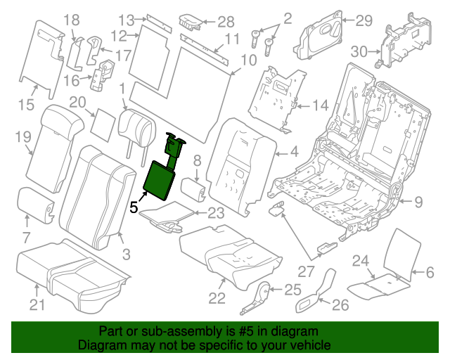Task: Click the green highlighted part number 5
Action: pyautogui.click(x=160, y=180)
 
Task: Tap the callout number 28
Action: pyautogui.click(x=226, y=21)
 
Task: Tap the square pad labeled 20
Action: pyautogui.click(x=105, y=124)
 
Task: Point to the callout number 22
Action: pyautogui.click(x=217, y=298)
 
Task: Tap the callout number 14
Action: pyautogui.click(x=321, y=105)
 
